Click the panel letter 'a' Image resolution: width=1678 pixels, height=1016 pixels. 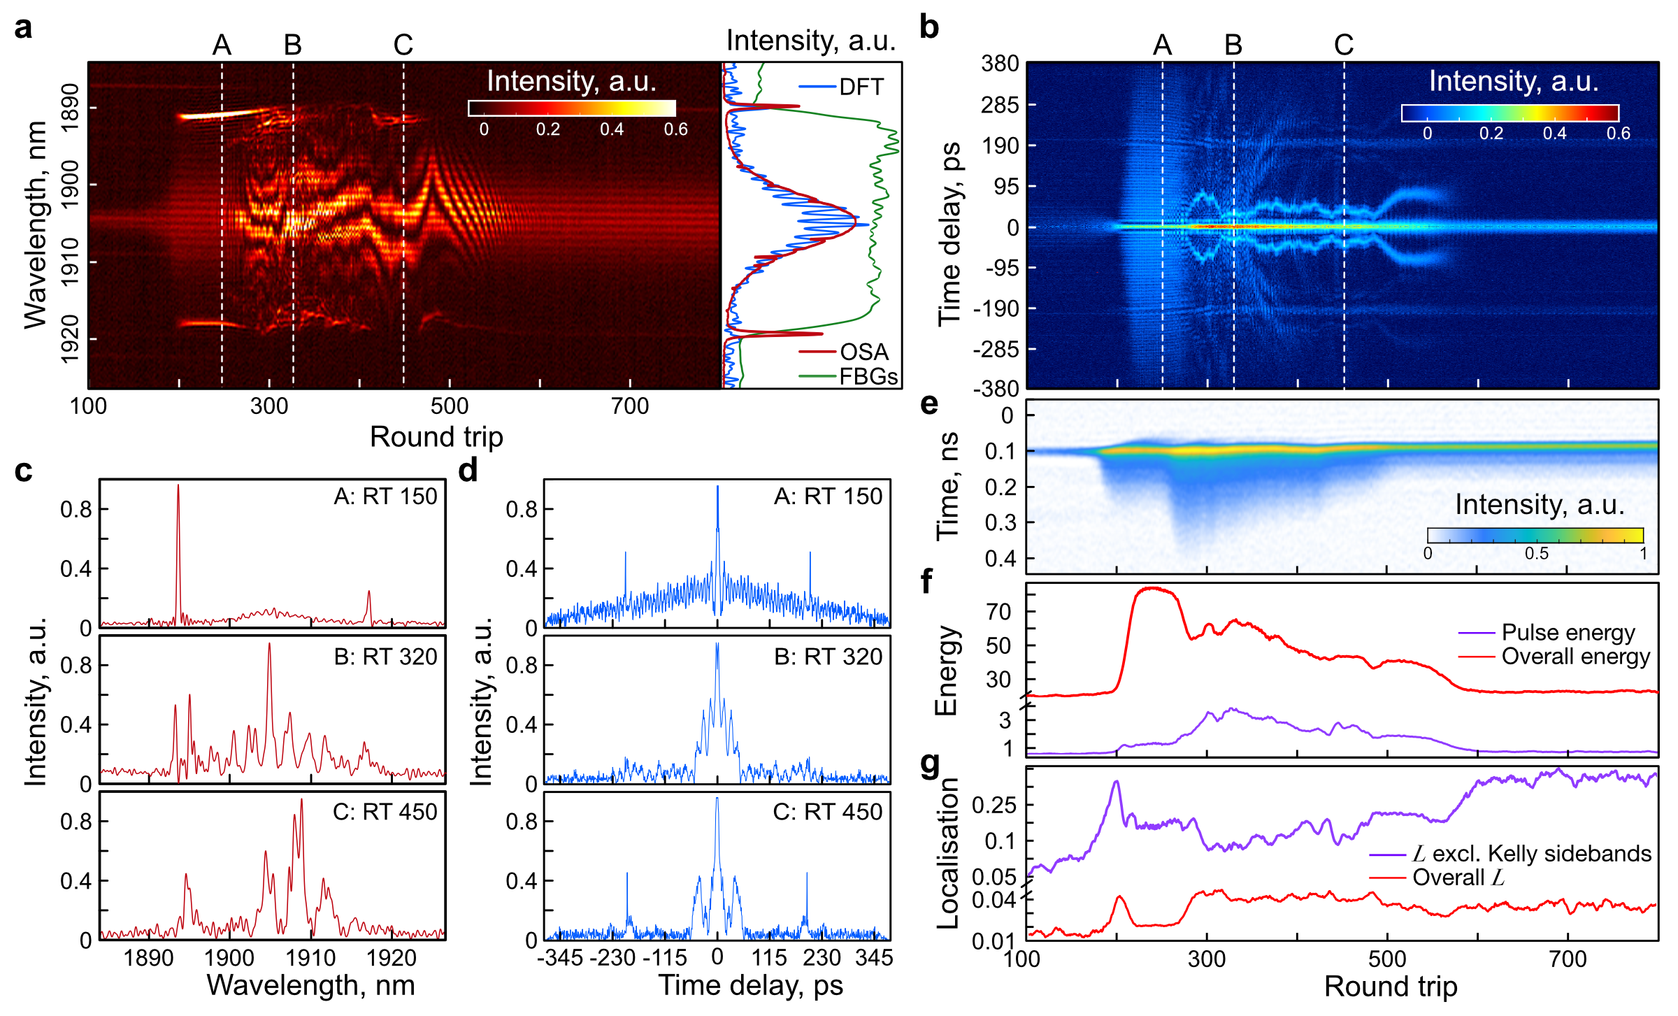click(23, 29)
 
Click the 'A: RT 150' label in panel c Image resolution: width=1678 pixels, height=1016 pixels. click(385, 496)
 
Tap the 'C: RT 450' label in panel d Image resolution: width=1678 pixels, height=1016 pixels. click(827, 812)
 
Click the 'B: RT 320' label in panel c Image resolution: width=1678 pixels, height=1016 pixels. click(385, 657)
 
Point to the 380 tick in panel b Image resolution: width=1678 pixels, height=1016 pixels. click(1000, 64)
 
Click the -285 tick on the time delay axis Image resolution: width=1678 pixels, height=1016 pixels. click(996, 349)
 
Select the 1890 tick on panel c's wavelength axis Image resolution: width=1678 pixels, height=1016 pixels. click(148, 957)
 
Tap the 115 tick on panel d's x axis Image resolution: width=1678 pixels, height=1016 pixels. click(769, 957)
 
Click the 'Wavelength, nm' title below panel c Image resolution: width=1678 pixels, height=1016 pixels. click(310, 985)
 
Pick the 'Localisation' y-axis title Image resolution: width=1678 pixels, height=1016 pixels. click(947, 853)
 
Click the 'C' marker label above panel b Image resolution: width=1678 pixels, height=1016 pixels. click(1343, 45)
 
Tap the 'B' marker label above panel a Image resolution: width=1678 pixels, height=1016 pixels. click(292, 45)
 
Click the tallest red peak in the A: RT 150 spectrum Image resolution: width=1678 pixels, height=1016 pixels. click(178, 487)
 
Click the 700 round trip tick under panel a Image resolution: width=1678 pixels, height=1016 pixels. click(630, 406)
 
